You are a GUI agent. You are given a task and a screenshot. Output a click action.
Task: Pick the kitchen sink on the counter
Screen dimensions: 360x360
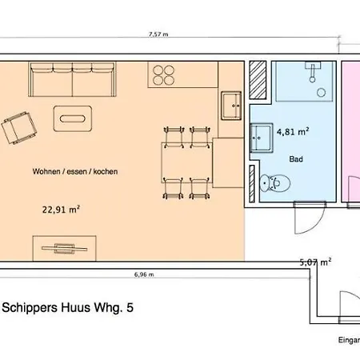[232, 102]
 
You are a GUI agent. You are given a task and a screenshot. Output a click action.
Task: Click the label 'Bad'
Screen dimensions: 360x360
[296, 158]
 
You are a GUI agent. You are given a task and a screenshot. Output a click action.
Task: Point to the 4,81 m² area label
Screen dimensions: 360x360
[293, 131]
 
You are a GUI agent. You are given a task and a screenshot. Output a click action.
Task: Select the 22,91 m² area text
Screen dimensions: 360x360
[60, 211]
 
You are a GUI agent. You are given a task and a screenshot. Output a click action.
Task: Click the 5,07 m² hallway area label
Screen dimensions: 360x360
[315, 261]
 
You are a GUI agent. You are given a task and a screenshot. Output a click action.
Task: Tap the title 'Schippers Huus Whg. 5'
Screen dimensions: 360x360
[68, 306]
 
